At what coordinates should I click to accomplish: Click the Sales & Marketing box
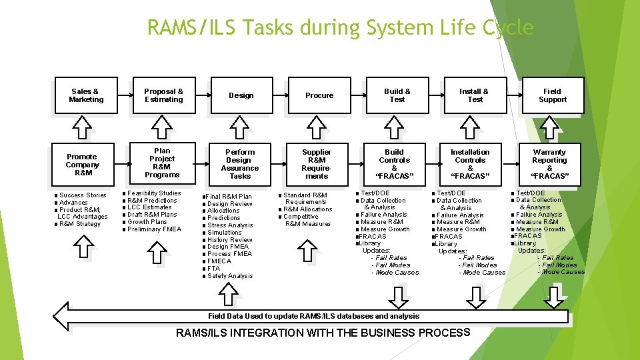tap(86, 95)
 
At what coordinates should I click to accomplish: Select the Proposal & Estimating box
tap(163, 95)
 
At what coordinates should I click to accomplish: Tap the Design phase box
tap(241, 95)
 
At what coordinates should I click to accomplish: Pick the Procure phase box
tap(319, 95)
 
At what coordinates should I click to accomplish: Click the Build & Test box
tap(397, 95)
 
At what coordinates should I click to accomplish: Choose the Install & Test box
tap(475, 95)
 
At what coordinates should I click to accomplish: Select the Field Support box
tap(553, 95)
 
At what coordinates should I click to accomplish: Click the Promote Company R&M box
tap(83, 165)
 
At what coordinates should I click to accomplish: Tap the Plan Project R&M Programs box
tap(162, 163)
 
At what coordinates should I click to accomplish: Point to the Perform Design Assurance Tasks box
tap(240, 164)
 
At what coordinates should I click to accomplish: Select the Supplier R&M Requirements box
tap(317, 164)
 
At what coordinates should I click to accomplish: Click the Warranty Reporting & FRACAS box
tap(549, 164)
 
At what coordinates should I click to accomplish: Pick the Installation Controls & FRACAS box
tap(470, 164)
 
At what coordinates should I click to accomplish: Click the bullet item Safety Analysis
tap(230, 276)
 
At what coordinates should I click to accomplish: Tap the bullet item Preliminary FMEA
tap(154, 229)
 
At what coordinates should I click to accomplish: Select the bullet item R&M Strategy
tap(79, 224)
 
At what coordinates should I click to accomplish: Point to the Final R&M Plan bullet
tap(229, 197)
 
